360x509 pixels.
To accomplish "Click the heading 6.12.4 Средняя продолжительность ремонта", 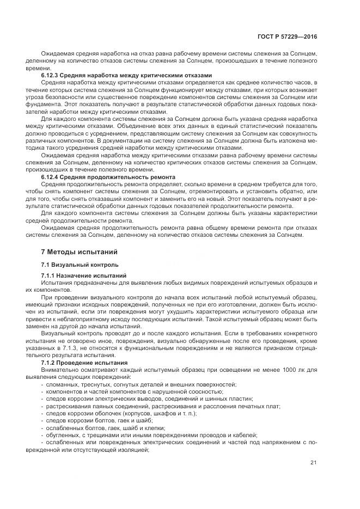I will (108, 177).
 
